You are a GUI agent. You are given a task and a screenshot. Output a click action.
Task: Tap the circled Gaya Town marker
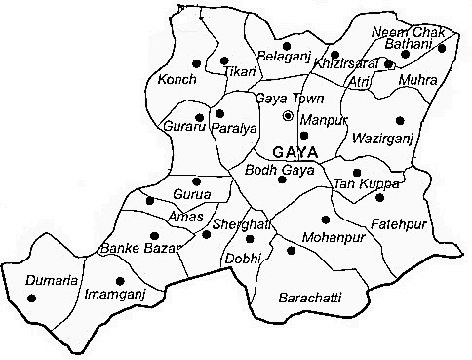(x=288, y=116)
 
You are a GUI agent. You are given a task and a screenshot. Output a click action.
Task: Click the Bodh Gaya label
(x=287, y=169)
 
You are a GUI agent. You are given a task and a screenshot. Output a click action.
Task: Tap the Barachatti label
(x=310, y=297)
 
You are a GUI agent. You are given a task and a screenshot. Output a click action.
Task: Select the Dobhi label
(x=243, y=259)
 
